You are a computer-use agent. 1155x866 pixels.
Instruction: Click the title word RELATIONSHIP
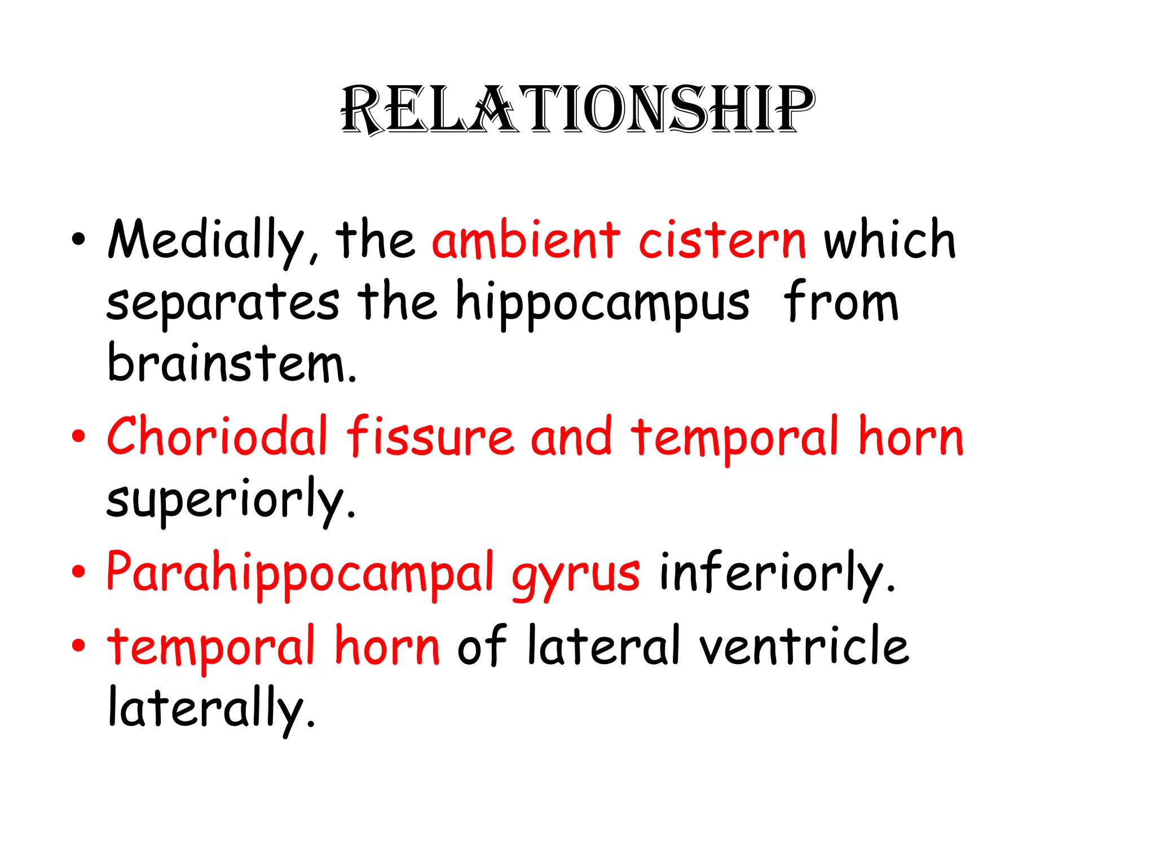point(577,110)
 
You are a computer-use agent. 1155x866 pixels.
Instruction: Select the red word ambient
point(526,240)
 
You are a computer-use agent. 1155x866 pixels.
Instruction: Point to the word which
point(890,240)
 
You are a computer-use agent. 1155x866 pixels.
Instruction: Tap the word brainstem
point(231,364)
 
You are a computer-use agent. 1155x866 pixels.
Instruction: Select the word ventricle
point(804,646)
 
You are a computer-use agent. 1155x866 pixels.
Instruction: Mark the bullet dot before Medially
point(78,239)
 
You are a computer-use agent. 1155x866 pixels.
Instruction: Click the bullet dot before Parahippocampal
point(78,572)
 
